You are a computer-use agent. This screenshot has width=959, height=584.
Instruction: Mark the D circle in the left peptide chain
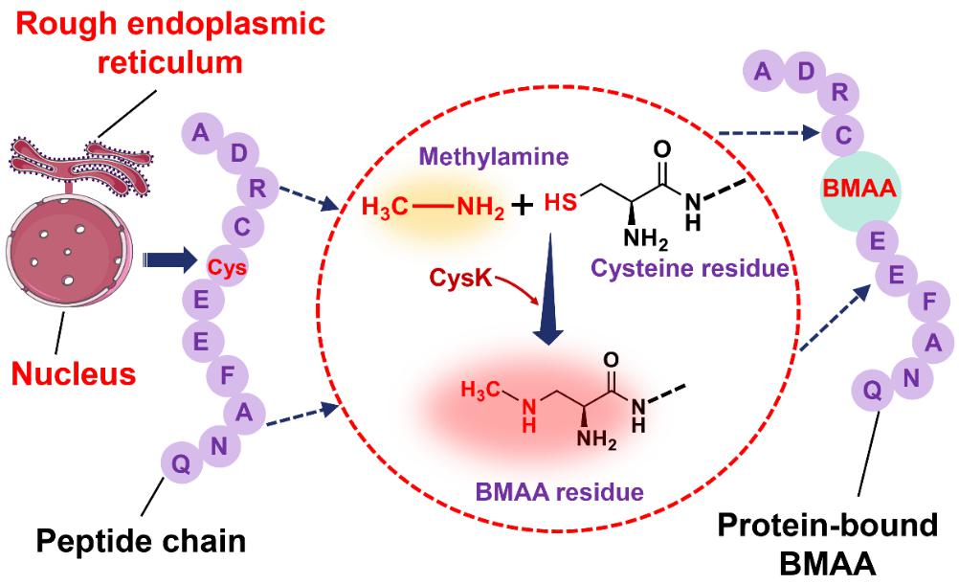236,154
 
